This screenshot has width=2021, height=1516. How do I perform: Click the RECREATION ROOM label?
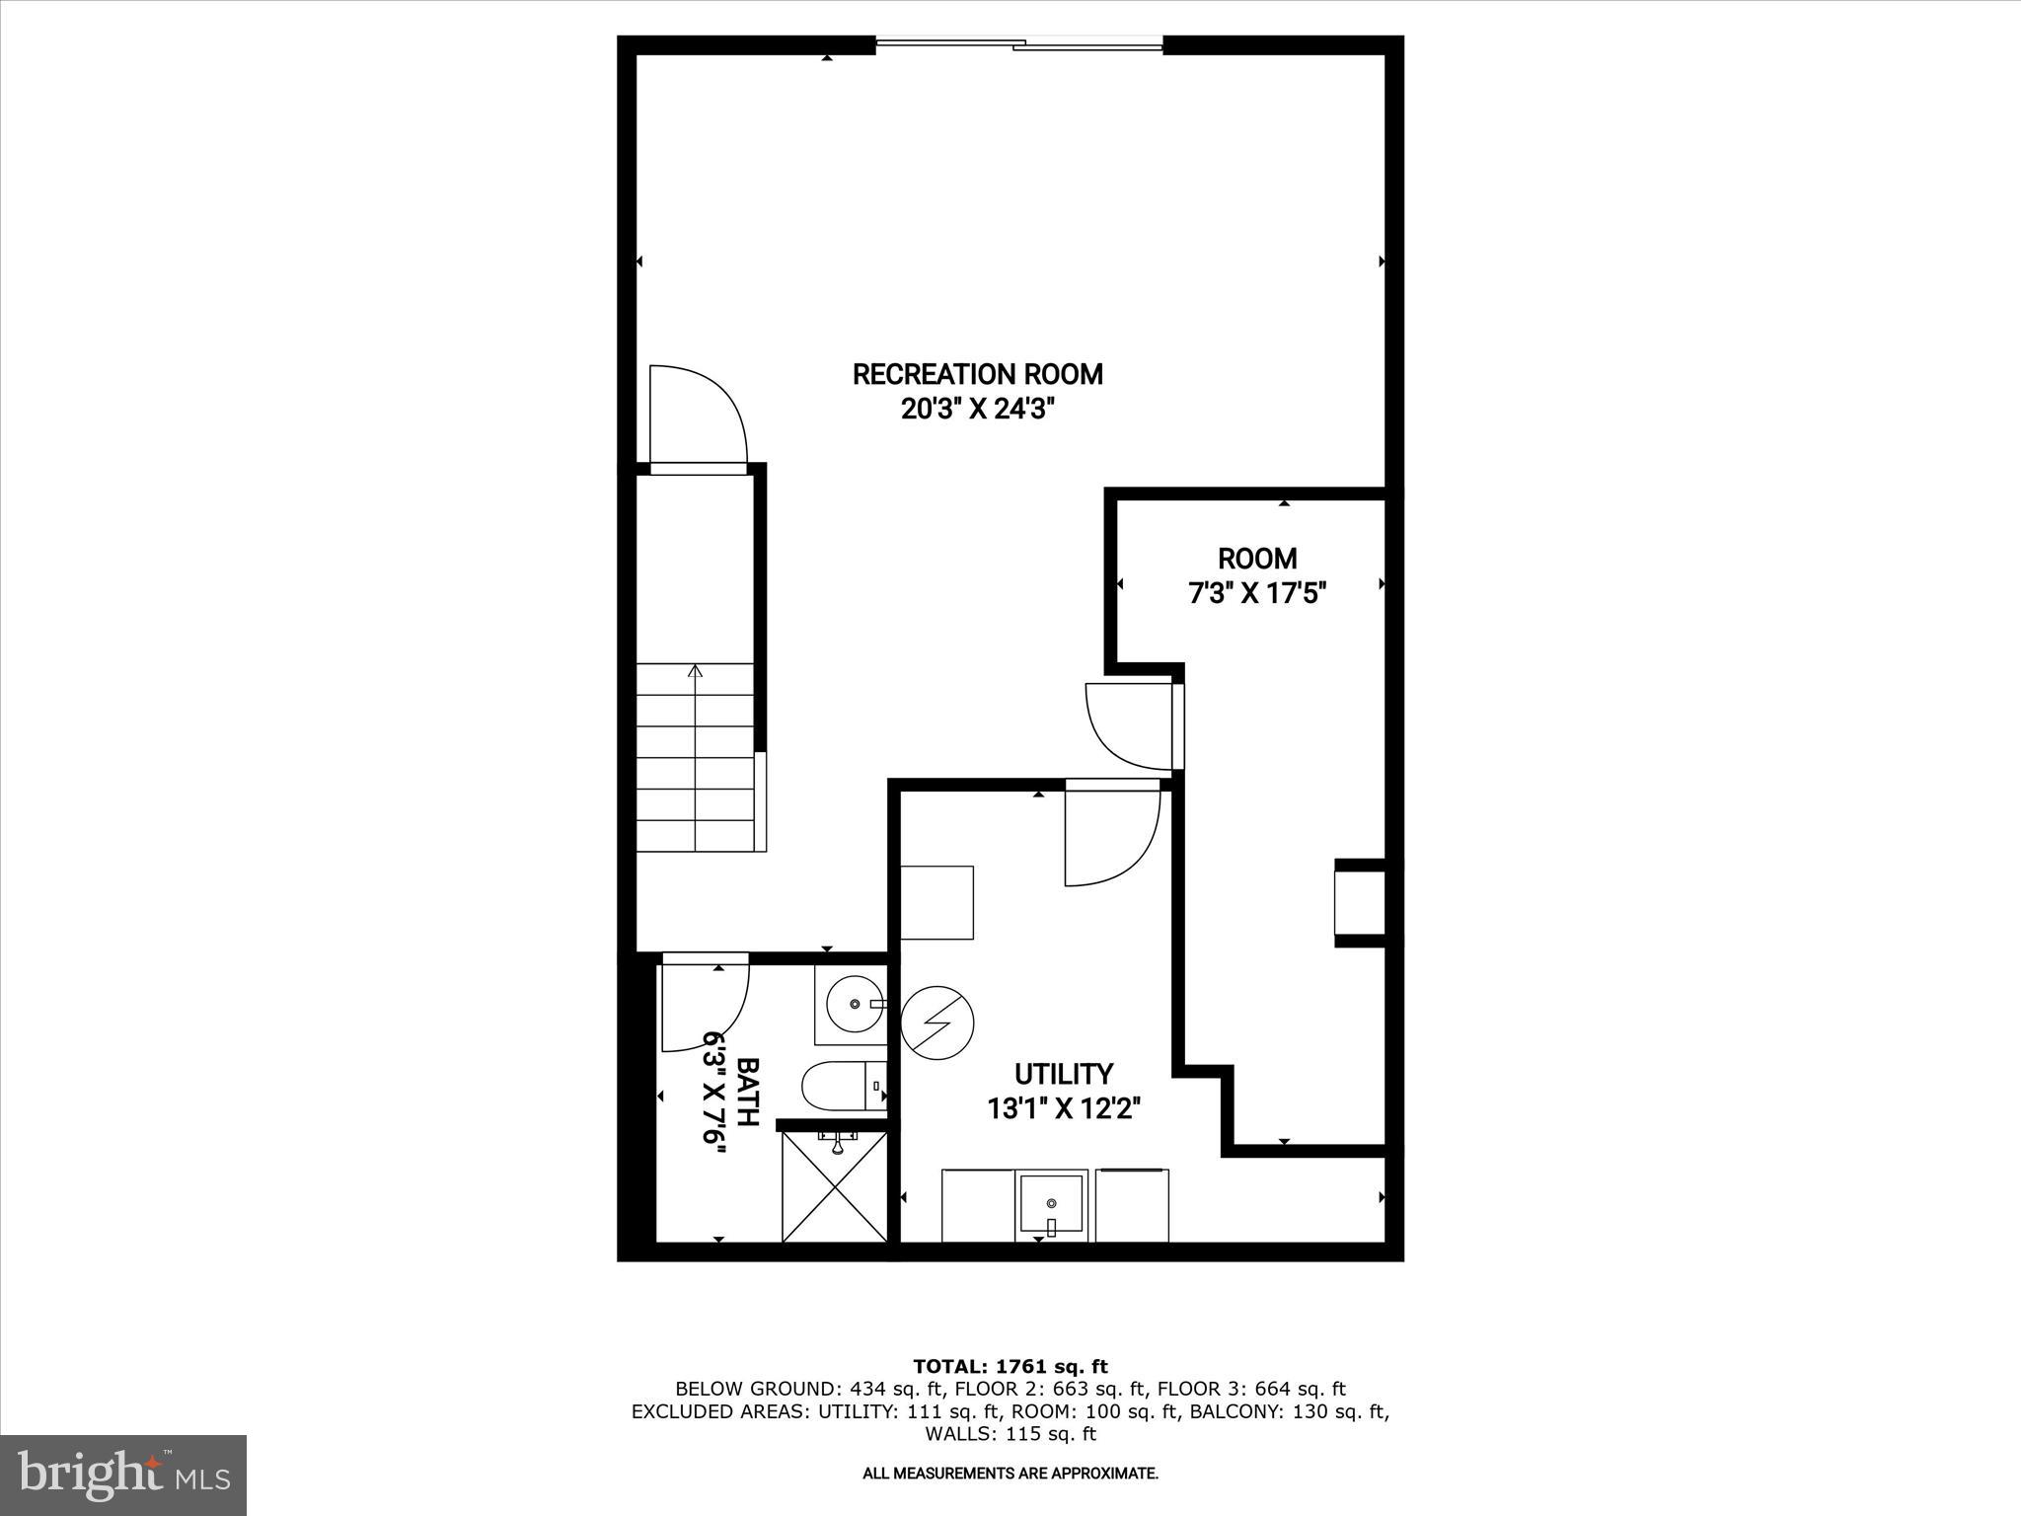[x=977, y=375]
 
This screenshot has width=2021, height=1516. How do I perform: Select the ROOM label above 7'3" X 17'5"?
[x=1257, y=559]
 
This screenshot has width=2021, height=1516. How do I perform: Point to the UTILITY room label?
[x=1064, y=1074]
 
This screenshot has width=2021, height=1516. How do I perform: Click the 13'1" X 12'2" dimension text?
[x=1064, y=1108]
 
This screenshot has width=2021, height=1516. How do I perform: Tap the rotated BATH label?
[x=748, y=1093]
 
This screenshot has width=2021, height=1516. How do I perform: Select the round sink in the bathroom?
[x=853, y=1005]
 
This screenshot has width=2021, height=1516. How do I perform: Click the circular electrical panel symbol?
[x=936, y=1023]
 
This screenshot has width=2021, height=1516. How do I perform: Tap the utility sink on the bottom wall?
[x=1052, y=1204]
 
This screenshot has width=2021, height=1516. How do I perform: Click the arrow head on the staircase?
[x=696, y=671]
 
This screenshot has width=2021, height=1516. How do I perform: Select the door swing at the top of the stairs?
[x=696, y=415]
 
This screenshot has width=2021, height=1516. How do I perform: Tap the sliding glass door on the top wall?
[x=1019, y=43]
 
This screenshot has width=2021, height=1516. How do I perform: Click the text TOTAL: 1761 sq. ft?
[x=1010, y=1367]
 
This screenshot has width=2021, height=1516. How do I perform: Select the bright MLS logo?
[x=123, y=1475]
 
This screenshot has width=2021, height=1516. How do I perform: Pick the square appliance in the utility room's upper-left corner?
[x=937, y=902]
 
